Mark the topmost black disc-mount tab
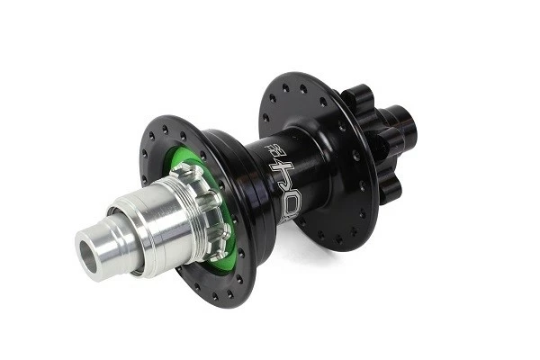coord(356,94)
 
